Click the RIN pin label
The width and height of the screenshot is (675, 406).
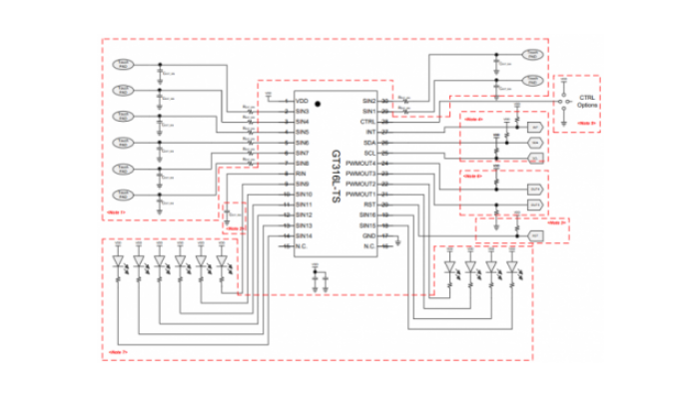[301, 173]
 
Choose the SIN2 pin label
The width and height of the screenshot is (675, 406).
[367, 101]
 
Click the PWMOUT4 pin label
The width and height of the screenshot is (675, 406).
[360, 163]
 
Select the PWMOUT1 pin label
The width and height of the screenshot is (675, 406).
[360, 194]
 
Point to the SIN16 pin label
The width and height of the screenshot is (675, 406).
[366, 214]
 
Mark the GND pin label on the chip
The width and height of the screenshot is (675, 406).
[368, 235]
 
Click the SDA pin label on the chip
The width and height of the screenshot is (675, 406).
[368, 143]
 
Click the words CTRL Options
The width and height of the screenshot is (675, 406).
[586, 101]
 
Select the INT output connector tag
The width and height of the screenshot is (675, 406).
[535, 128]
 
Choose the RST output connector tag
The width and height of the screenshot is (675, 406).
[535, 236]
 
